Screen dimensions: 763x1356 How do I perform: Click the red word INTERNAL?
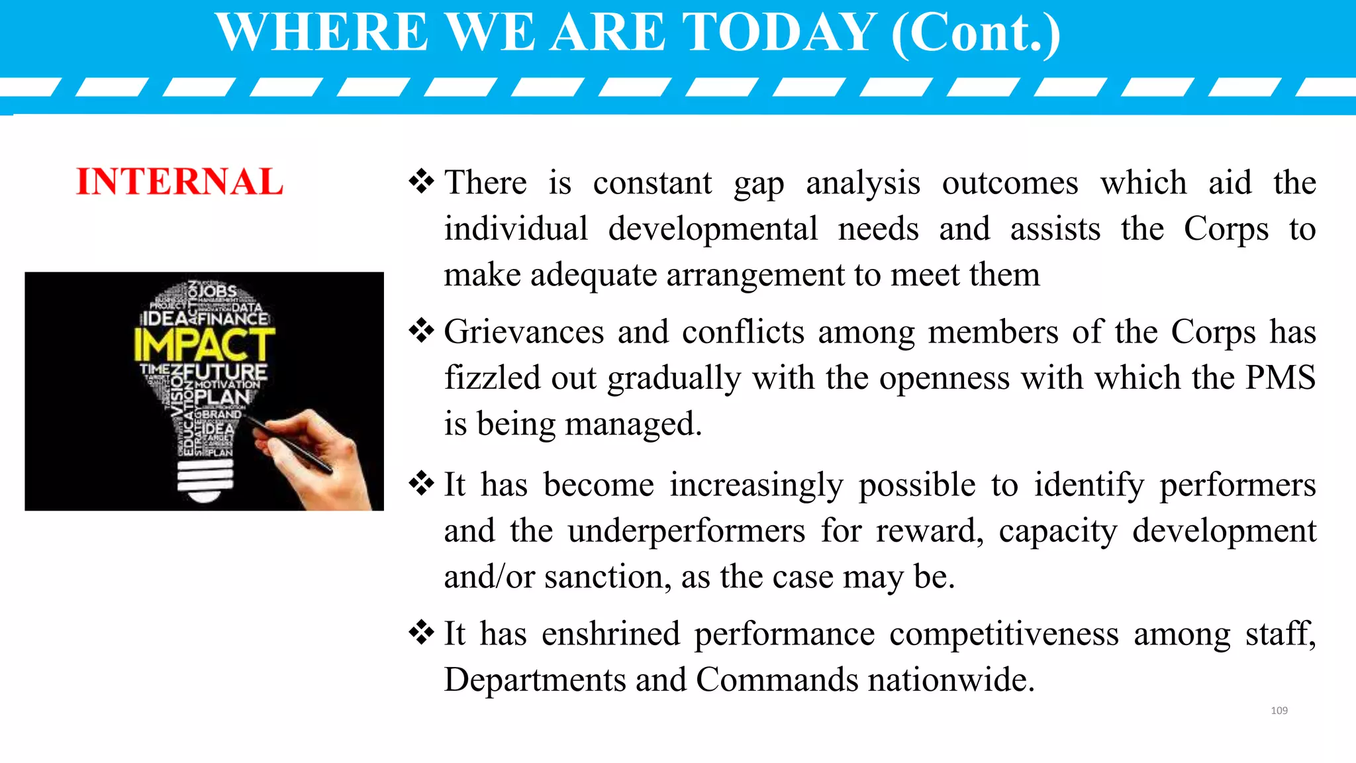click(179, 182)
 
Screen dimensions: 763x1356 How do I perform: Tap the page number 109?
click(1279, 711)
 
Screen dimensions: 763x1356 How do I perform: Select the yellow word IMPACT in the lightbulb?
click(203, 345)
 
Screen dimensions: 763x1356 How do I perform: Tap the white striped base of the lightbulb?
click(205, 480)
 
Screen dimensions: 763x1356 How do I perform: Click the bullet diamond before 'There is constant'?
click(421, 181)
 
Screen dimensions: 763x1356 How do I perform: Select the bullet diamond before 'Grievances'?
click(421, 331)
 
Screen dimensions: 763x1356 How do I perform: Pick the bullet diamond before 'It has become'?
click(421, 483)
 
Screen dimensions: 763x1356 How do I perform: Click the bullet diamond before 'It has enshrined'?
click(421, 633)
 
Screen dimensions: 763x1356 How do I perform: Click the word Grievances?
click(523, 332)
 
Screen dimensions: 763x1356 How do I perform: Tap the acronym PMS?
click(1280, 378)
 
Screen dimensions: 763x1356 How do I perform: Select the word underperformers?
click(686, 531)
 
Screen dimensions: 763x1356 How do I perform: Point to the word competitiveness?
click(1004, 634)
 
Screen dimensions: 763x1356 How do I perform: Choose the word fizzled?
click(491, 378)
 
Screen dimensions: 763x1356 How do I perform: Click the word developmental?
click(713, 229)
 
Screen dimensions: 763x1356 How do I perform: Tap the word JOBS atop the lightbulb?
click(217, 291)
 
